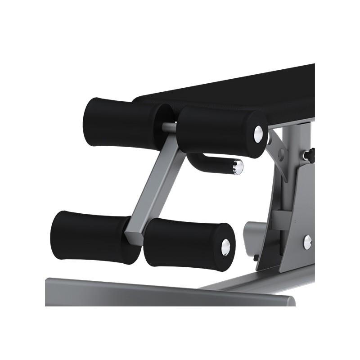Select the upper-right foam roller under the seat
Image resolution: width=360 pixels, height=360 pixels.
tap(216, 130)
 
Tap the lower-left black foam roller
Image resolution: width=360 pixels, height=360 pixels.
tap(90, 236)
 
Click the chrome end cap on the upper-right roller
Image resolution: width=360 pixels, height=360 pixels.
tap(259, 132)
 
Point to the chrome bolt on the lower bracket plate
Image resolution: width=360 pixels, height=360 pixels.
tap(307, 242)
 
